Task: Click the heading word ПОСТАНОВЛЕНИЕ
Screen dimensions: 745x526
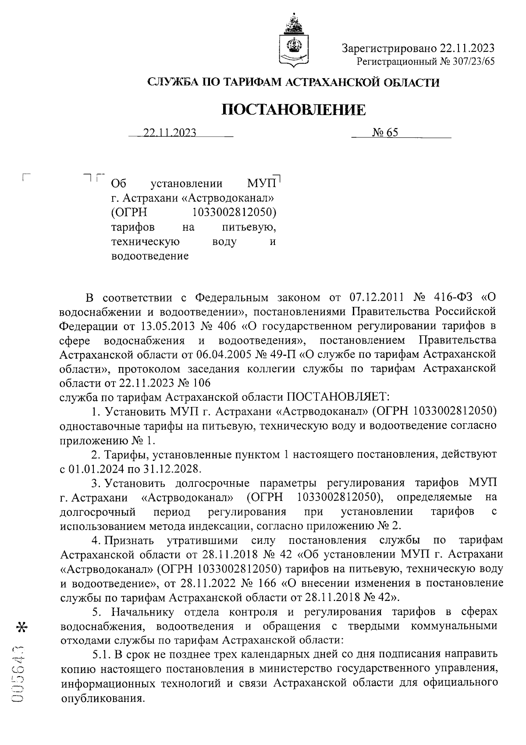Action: point(293,109)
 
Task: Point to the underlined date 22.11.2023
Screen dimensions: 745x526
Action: point(170,133)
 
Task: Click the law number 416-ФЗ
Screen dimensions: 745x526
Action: point(454,298)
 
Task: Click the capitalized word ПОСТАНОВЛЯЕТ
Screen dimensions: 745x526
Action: point(338,397)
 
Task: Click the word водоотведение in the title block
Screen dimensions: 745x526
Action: point(150,256)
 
